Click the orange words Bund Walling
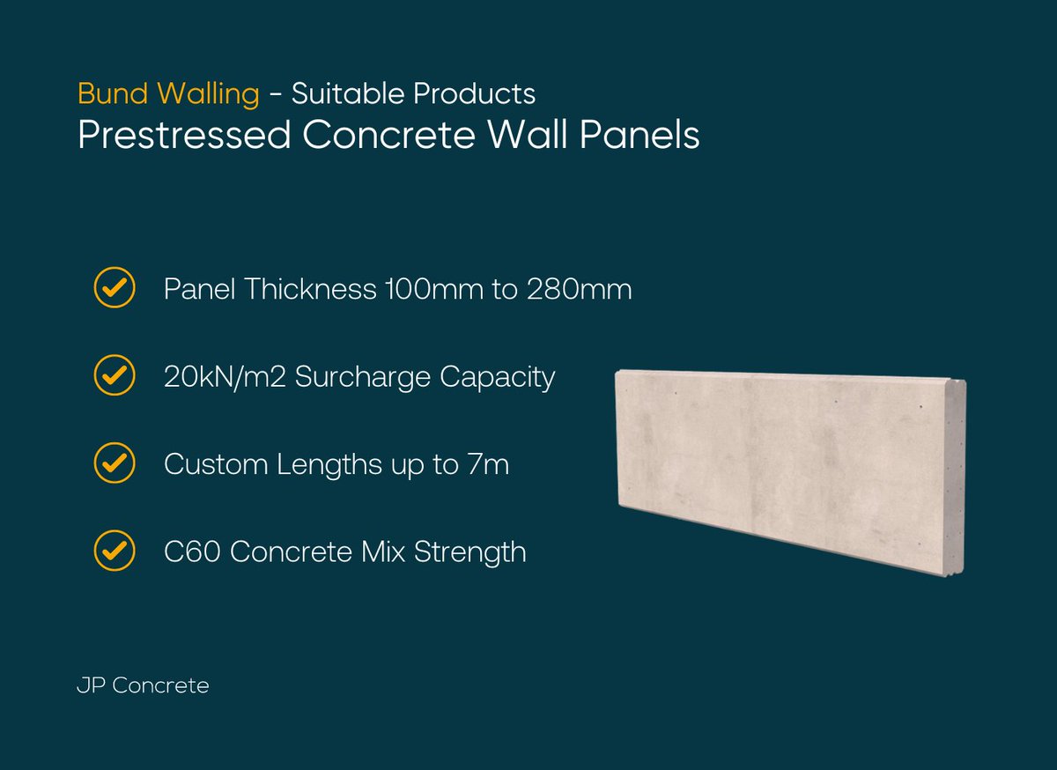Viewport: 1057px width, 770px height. click(168, 93)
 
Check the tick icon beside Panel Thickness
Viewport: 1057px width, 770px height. click(115, 288)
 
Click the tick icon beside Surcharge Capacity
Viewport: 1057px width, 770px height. click(115, 376)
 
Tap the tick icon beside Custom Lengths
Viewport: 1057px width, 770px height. click(115, 463)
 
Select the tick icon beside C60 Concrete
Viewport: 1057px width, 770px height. click(115, 552)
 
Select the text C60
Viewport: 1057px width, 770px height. click(193, 552)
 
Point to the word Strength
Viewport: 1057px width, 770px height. click(470, 553)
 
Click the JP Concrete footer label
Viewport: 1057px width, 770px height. click(143, 685)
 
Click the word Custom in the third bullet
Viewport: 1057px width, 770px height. click(217, 464)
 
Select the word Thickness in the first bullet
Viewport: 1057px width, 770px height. click(308, 289)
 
